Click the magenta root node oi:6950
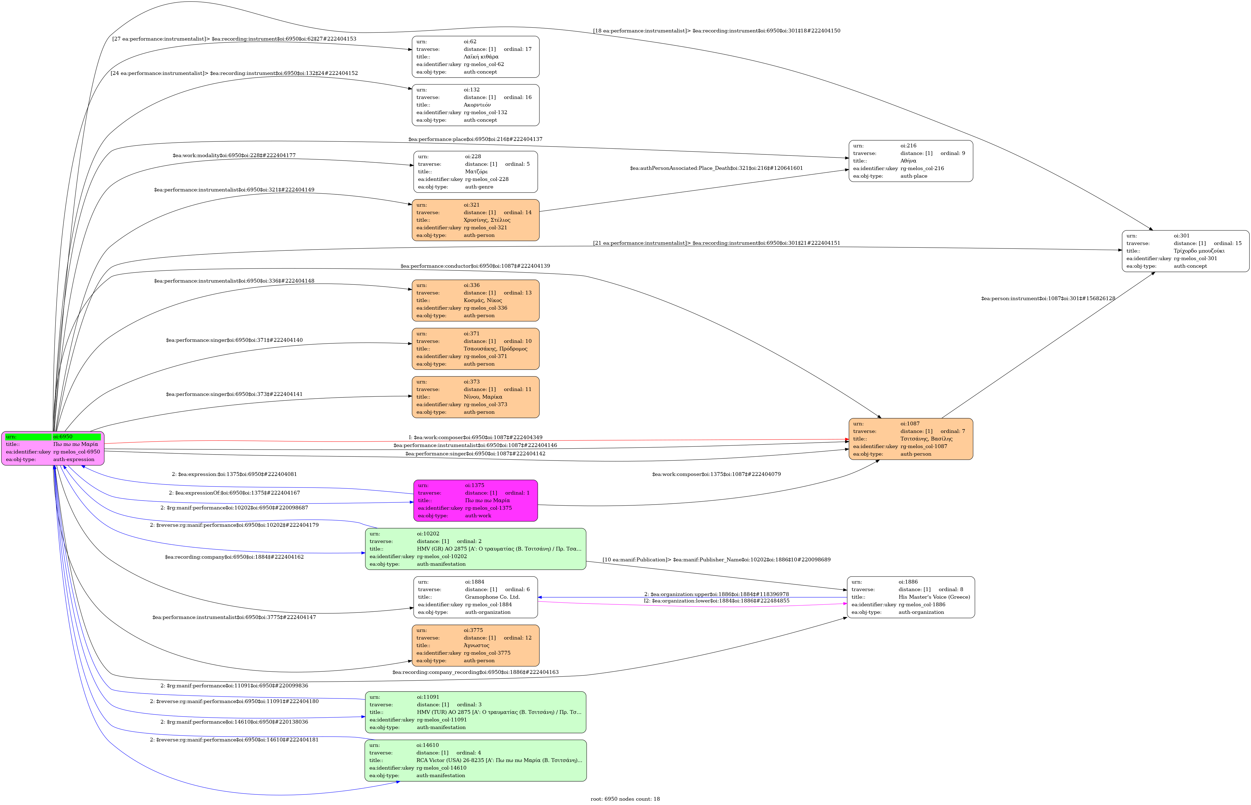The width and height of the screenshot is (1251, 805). click(53, 448)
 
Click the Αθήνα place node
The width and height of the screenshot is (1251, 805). click(911, 161)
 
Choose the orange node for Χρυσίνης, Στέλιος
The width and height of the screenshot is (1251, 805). click(475, 220)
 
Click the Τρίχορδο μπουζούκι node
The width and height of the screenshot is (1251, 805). click(1185, 251)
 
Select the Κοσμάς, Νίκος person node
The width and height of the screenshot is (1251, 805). click(475, 301)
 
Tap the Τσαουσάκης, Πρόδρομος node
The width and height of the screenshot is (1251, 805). click(475, 349)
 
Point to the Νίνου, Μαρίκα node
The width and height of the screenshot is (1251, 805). click(475, 397)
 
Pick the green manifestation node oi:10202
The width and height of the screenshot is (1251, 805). click(475, 549)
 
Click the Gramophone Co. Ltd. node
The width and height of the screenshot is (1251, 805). click(475, 597)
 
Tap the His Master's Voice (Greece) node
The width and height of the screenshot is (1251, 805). click(911, 597)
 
